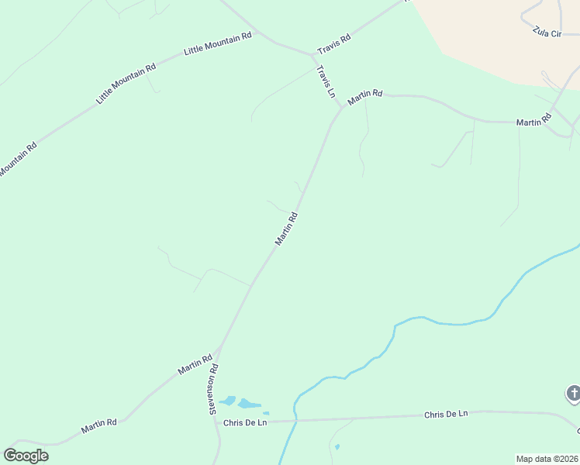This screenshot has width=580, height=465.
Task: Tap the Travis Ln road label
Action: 326,81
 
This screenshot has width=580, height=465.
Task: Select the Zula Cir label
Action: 547,34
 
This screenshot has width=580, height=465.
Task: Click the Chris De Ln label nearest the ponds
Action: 245,422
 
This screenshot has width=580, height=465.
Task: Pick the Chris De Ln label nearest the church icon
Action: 446,415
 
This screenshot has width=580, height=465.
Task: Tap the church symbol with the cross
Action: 573,394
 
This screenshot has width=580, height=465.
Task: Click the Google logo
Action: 26,455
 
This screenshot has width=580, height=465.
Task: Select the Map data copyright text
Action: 547,459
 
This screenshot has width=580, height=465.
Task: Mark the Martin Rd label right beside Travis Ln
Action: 365,97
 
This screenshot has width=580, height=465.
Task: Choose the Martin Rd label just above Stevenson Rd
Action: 195,365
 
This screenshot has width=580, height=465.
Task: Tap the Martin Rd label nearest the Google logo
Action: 99,425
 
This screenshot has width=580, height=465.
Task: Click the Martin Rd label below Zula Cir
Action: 534,120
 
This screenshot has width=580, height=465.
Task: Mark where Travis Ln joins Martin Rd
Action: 341,108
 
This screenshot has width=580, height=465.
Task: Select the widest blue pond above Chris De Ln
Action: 249,404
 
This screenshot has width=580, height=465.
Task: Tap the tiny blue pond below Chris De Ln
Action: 337,446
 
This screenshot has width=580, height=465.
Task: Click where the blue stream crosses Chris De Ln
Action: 295,422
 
